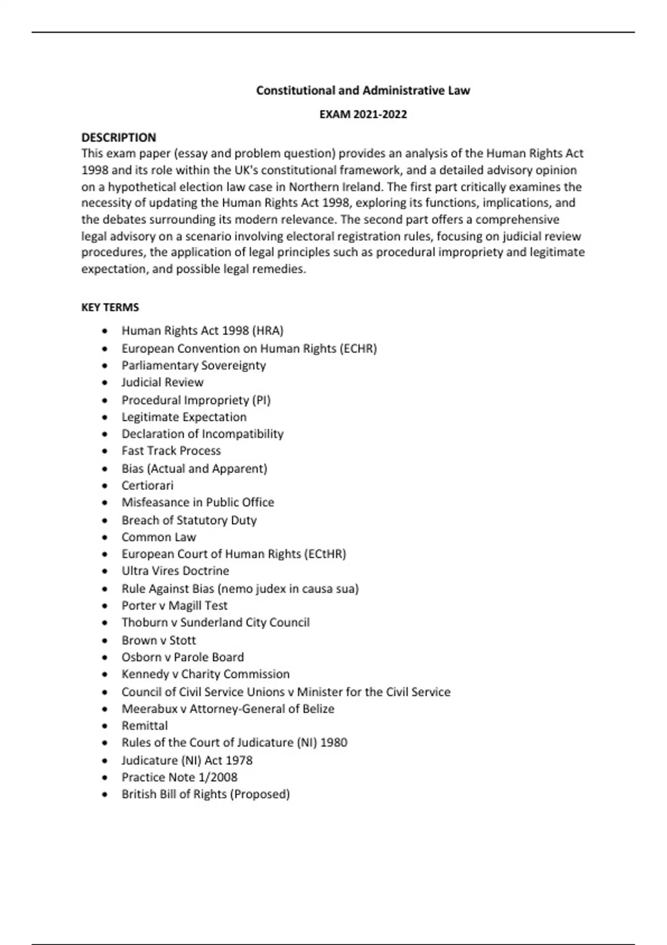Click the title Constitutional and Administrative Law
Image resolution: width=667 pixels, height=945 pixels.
(363, 90)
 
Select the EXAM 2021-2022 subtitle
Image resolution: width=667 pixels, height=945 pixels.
(363, 115)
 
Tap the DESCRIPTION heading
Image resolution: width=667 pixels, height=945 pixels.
(118, 137)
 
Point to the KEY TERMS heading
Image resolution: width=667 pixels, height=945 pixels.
(110, 307)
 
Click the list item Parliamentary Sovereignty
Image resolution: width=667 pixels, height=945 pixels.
(193, 365)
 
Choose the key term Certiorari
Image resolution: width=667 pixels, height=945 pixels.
(147, 485)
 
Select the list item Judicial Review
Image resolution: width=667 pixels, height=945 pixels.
(162, 382)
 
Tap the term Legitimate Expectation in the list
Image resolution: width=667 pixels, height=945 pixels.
(184, 417)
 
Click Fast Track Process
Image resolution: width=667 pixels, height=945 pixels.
(171, 451)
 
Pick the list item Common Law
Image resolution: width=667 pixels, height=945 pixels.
(159, 537)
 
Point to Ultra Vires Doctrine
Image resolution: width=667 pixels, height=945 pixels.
(175, 571)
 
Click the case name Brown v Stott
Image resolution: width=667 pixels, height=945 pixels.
(158, 640)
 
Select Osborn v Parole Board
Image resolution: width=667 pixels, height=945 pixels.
(183, 657)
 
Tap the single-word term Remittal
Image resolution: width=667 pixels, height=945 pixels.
(145, 725)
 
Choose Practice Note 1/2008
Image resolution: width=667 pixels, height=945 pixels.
(180, 777)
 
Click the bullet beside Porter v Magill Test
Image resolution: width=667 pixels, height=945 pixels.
(106, 606)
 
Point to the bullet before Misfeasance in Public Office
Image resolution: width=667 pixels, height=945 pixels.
(106, 503)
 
